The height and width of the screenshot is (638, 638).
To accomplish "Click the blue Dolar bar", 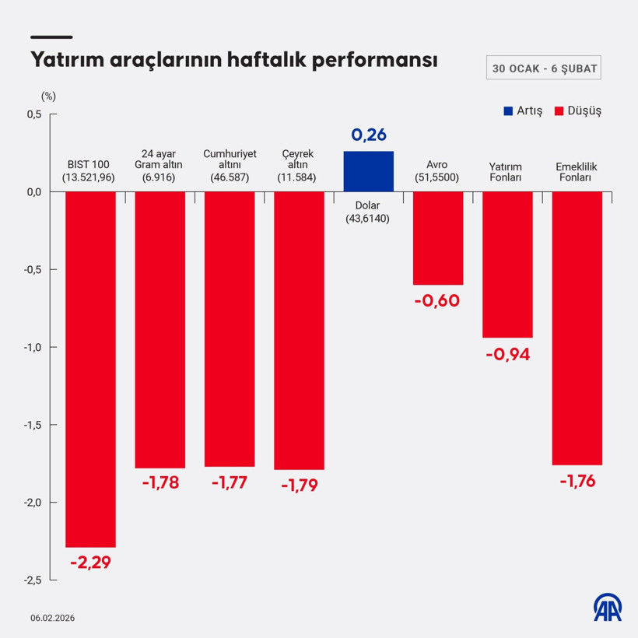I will pyautogui.click(x=369, y=171).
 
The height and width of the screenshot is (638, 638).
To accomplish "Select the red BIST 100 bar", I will pyautogui.click(x=90, y=369).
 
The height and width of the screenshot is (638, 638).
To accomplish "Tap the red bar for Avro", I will pyautogui.click(x=438, y=238).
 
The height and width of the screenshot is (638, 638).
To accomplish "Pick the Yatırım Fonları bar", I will pyautogui.click(x=507, y=264).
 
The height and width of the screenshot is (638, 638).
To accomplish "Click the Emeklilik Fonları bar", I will pyautogui.click(x=577, y=328).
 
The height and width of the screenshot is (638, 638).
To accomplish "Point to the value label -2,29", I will pyautogui.click(x=90, y=562).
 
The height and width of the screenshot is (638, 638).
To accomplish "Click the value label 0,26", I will pyautogui.click(x=369, y=135).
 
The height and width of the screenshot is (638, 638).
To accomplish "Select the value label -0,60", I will pyautogui.click(x=438, y=300).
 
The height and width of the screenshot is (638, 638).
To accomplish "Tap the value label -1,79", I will pyautogui.click(x=300, y=485).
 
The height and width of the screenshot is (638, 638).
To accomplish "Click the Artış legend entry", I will pyautogui.click(x=523, y=110).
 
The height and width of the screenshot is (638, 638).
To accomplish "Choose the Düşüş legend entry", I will pyautogui.click(x=578, y=110).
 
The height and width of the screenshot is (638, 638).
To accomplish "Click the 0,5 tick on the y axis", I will pyautogui.click(x=33, y=114).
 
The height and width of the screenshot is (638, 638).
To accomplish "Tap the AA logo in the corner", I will pyautogui.click(x=608, y=608).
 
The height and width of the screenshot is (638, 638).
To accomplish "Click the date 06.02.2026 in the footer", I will pyautogui.click(x=54, y=618).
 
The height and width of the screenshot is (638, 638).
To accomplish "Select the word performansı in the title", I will pyautogui.click(x=374, y=61).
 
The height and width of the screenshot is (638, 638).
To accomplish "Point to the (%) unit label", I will pyautogui.click(x=48, y=96).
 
